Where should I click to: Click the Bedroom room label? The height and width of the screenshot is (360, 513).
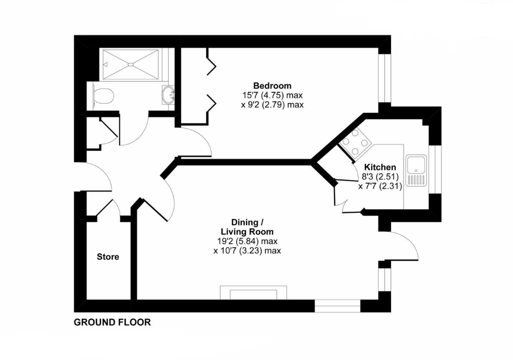point(272,86)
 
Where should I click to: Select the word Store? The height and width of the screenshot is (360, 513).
point(108,257)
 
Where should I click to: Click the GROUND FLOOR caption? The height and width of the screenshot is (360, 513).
point(112,322)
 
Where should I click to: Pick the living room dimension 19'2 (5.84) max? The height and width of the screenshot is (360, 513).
point(247,241)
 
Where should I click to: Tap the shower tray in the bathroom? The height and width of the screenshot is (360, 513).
point(130,64)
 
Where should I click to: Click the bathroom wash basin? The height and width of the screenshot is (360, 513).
point(168,95)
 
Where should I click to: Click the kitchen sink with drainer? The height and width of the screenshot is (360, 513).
point(417,171)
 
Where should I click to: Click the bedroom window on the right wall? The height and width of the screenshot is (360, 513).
point(385,78)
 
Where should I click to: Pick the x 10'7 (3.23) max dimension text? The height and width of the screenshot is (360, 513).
point(247,250)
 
